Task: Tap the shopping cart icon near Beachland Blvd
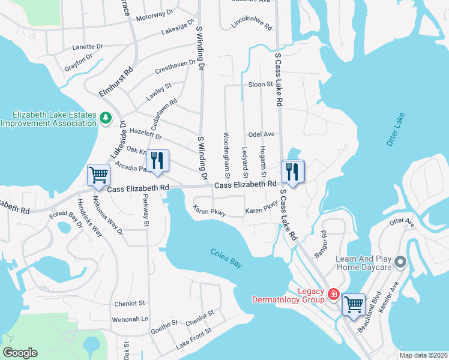tap(354, 304)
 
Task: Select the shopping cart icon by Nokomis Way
tap(99, 175)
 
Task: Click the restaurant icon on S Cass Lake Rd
tap(292, 170)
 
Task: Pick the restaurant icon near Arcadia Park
tap(157, 161)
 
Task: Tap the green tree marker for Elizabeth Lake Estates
tap(106, 118)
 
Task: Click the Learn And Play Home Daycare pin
tap(401, 262)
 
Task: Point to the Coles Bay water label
tap(226, 257)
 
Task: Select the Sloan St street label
tap(261, 85)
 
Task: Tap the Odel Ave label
tap(261, 134)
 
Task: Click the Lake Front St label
tap(194, 340)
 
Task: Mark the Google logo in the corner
tap(20, 353)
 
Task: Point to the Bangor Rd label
tap(319, 244)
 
